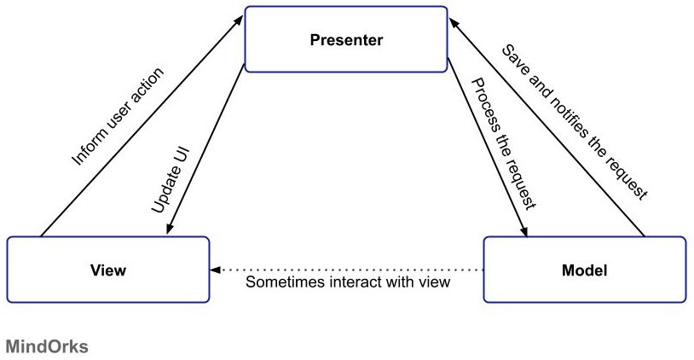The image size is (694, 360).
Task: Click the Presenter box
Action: pos(346,39)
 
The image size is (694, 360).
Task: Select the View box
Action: pos(108,270)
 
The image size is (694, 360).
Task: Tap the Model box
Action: pos(585,270)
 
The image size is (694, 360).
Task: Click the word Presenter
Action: pos(346,40)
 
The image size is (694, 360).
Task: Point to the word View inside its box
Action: pos(108,270)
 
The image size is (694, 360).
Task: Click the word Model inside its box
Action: pos(585,270)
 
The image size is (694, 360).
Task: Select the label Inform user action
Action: pos(118,117)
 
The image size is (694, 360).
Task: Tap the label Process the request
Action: pos(504,143)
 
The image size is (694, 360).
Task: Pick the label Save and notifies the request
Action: pos(575,122)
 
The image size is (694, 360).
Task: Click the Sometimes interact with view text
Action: pos(348,282)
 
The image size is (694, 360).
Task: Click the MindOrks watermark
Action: pos(47,346)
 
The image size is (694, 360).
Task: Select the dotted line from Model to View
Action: pos(346,270)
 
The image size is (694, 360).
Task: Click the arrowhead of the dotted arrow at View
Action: pos(215,270)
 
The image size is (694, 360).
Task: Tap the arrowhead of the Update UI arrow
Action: pos(170,229)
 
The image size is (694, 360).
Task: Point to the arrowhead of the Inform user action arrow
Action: pos(239,20)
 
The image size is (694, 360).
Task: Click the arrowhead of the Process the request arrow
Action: pos(524,231)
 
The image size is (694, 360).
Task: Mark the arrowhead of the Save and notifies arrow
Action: pos(454,23)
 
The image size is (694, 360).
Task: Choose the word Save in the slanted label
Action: pos(515,59)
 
